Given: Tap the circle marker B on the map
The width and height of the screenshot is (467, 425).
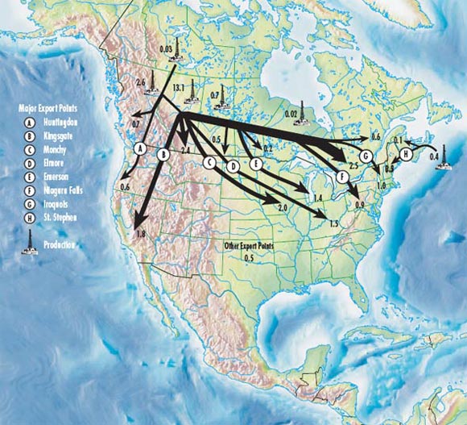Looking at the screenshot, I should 163,155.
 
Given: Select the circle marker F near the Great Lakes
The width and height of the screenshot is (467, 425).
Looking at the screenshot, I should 342,176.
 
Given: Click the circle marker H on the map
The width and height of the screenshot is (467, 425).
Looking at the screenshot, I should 407,153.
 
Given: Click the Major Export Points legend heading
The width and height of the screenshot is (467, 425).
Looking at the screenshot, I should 49,106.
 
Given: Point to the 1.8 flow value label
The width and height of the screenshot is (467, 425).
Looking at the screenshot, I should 141,233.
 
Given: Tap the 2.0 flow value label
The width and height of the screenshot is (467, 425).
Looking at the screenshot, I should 283,207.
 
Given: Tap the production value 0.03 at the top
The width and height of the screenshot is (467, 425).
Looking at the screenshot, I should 167,49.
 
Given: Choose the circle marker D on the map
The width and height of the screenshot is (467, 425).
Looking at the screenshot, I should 233,166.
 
